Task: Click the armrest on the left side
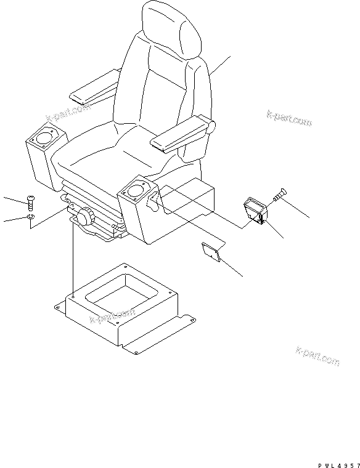(94, 86)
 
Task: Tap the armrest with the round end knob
(182, 135)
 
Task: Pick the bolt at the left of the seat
(31, 201)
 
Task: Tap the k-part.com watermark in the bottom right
(317, 357)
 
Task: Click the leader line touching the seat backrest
(220, 66)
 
